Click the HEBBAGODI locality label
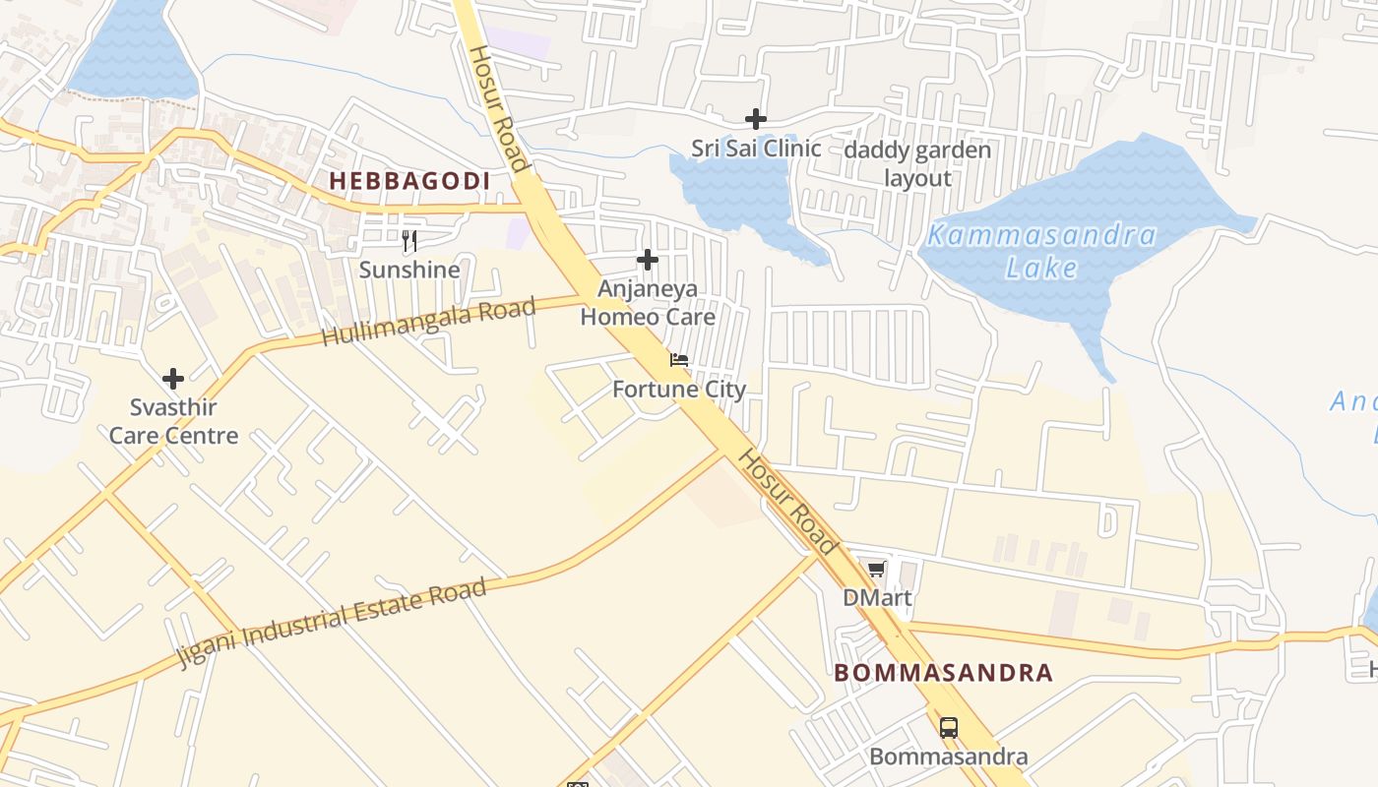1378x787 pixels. pyautogui.click(x=409, y=181)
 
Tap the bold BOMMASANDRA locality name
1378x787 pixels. pyautogui.click(x=943, y=673)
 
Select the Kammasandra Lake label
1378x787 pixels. pyautogui.click(x=1041, y=251)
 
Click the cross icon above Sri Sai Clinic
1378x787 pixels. pyautogui.click(x=756, y=119)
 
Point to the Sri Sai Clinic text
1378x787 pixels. pyautogui.click(x=756, y=149)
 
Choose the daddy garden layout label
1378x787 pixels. pyautogui.click(x=917, y=164)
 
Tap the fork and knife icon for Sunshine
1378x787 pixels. pyautogui.click(x=409, y=240)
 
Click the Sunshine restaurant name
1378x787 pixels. pyautogui.click(x=409, y=270)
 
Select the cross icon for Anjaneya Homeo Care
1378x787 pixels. pyautogui.click(x=648, y=260)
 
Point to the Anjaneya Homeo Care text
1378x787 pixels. pyautogui.click(x=648, y=302)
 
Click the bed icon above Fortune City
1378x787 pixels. pyautogui.click(x=679, y=360)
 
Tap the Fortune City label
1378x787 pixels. pyautogui.click(x=679, y=390)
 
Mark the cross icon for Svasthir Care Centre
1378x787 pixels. pyautogui.click(x=173, y=379)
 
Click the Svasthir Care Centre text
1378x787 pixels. pyautogui.click(x=173, y=421)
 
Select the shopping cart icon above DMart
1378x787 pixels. pyautogui.click(x=876, y=569)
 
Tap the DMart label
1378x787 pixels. pyautogui.click(x=876, y=598)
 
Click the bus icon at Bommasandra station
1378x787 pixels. pyautogui.click(x=949, y=728)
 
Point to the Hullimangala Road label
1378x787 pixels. pyautogui.click(x=429, y=322)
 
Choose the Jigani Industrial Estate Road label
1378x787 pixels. pyautogui.click(x=333, y=623)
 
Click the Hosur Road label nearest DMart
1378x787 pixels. pyautogui.click(x=788, y=502)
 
